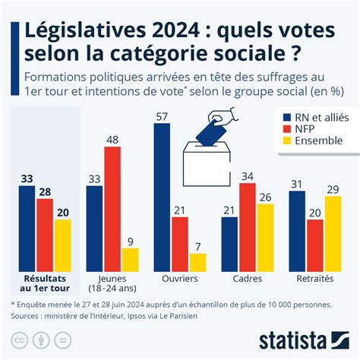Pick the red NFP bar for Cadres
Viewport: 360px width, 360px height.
click(x=247, y=226)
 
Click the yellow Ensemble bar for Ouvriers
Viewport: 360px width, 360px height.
click(x=197, y=262)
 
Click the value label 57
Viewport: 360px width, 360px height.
click(x=162, y=116)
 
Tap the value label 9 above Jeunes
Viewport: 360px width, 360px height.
click(x=130, y=241)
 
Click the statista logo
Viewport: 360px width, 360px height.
click(x=303, y=339)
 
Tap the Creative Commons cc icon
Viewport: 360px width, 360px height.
click(x=17, y=339)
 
